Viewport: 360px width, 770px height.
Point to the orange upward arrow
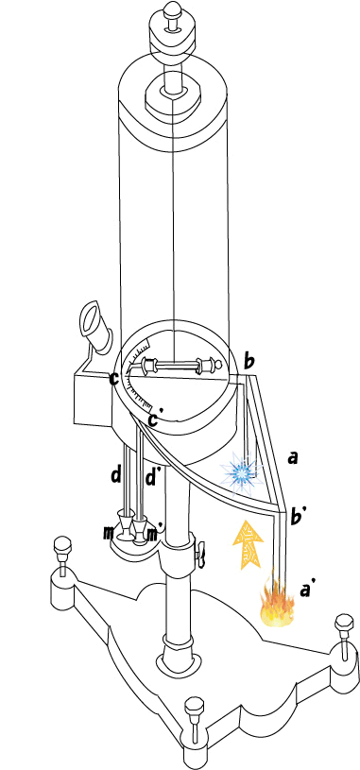pos(248,544)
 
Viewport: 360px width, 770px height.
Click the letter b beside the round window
pos(249,363)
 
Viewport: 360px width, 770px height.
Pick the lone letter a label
pos(293,458)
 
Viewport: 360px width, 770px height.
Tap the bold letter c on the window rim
pos(114,379)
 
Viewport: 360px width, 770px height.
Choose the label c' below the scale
pos(155,418)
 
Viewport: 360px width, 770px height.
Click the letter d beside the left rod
pos(116,475)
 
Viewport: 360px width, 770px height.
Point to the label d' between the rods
pos(152,476)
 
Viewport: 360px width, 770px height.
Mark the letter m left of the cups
pos(109,533)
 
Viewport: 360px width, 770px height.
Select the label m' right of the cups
pos(156,534)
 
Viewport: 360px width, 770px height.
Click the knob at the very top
pos(172,9)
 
